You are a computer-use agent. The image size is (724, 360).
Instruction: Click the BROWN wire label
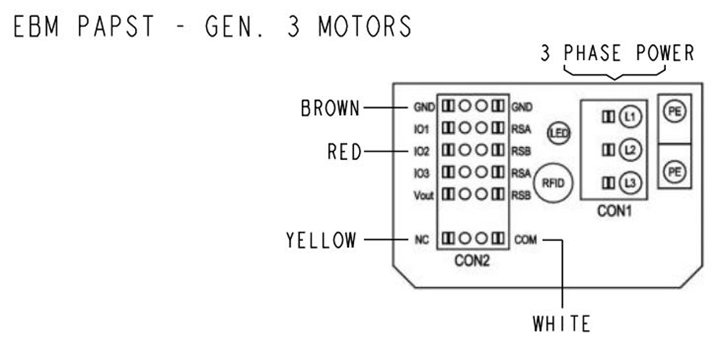pos(331,108)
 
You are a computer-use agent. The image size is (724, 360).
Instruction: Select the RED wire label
pos(345,152)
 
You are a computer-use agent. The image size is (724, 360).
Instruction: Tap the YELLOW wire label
pos(321,241)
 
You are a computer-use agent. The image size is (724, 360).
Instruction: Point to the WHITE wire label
pos(561,323)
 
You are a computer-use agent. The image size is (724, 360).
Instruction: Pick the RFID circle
pos(553,183)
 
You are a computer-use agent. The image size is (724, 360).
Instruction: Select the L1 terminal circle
pos(630,116)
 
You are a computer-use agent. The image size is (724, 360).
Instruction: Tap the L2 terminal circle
pos(630,150)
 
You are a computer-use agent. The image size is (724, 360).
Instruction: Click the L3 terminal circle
pos(630,183)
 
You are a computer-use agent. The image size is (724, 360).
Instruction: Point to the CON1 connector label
pos(614,210)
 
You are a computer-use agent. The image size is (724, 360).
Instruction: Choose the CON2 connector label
pos(472,261)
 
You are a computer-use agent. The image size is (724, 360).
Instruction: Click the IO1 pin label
pos(421,129)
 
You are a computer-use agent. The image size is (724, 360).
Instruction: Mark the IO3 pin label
pos(421,173)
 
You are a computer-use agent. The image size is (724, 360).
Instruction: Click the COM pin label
pos(525,241)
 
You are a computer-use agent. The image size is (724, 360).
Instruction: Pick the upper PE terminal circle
pos(675,112)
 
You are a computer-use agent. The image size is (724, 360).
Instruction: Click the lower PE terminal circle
pos(675,172)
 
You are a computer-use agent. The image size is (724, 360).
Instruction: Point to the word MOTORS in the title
pos(364,26)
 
